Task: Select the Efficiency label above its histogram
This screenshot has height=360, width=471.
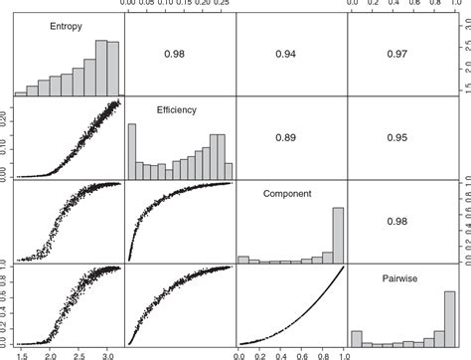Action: pyautogui.click(x=175, y=112)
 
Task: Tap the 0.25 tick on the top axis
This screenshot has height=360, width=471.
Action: pyautogui.click(x=223, y=4)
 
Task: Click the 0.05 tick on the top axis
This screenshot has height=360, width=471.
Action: pyautogui.click(x=148, y=4)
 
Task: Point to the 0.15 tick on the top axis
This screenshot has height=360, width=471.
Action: pyautogui.click(x=185, y=4)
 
